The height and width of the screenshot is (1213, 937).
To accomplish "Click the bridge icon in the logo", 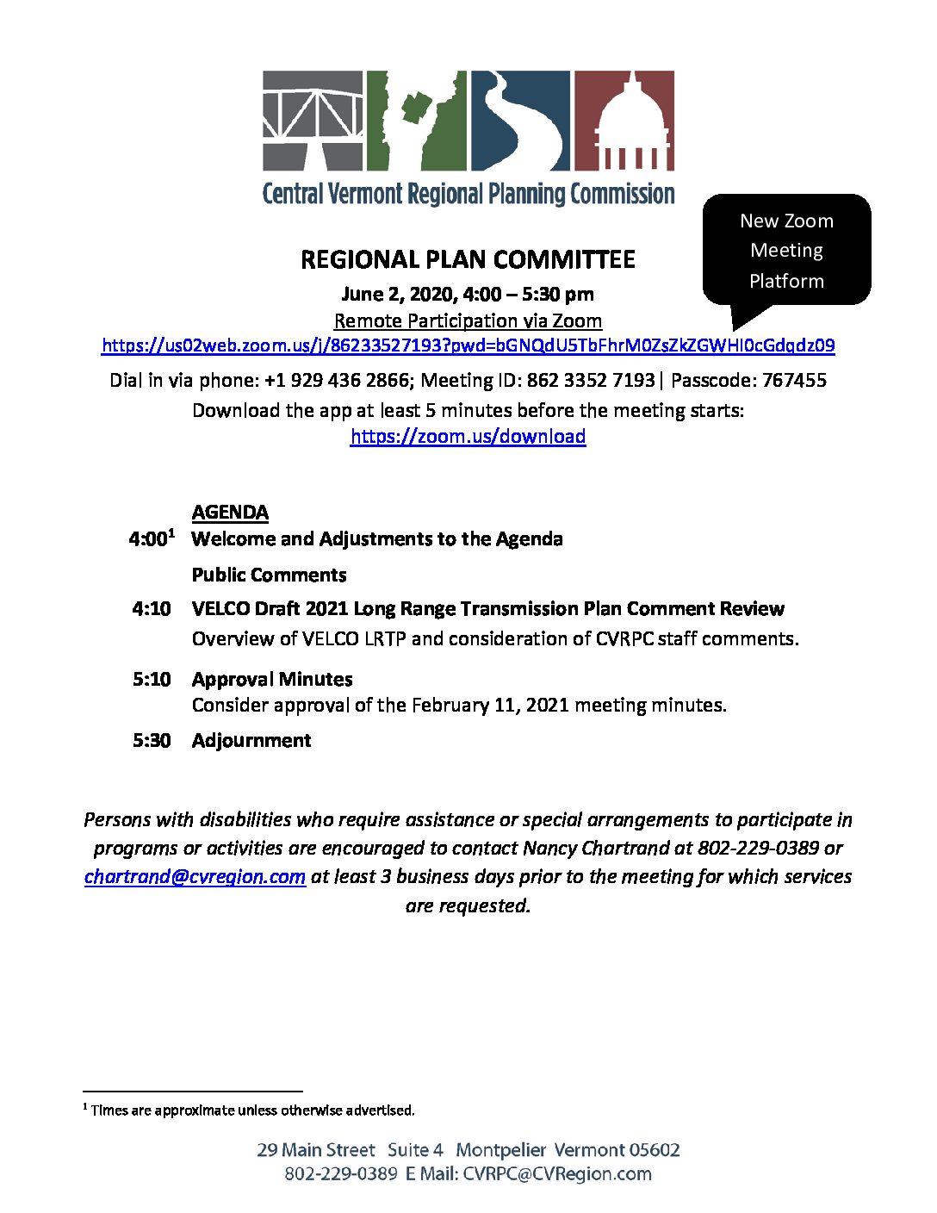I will click(x=313, y=120).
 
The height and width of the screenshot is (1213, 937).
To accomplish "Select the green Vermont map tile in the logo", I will click(x=416, y=120).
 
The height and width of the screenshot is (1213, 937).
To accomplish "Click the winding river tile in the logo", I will click(x=519, y=120).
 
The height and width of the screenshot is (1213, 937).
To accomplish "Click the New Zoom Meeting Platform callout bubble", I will click(x=786, y=250).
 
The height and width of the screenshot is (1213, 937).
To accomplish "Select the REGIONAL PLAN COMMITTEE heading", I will click(x=468, y=259).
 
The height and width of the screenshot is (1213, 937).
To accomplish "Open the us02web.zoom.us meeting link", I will click(x=468, y=346).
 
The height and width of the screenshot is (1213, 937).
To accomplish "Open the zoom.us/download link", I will click(x=468, y=437).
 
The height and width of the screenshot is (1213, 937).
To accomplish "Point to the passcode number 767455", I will click(x=794, y=380).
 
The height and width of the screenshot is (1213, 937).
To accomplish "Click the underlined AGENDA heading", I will click(x=230, y=513).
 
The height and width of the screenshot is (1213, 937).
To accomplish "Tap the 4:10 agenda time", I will click(x=152, y=609).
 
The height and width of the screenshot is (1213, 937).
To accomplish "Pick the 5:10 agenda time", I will click(x=152, y=680).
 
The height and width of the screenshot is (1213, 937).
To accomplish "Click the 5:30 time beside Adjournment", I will click(x=152, y=741).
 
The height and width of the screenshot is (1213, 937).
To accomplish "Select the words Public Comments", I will click(x=269, y=575).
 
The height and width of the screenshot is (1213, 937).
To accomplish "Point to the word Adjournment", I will click(x=251, y=741).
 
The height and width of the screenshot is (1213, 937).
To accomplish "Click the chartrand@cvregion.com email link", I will click(x=195, y=877).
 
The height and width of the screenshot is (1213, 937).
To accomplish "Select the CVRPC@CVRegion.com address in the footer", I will click(x=557, y=1173).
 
